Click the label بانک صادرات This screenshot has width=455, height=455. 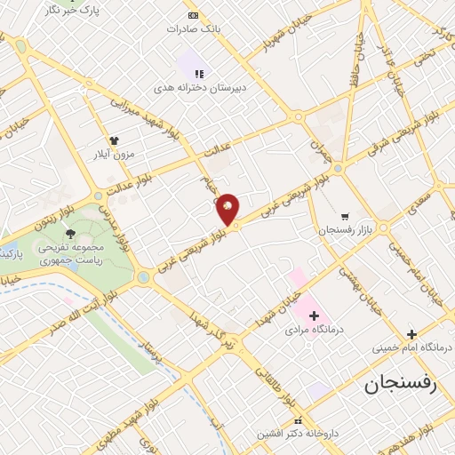pos(194,28)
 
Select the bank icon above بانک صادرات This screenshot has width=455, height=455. pos(194,16)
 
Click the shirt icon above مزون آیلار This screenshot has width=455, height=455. pos(114,140)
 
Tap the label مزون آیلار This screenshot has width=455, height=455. pos(114,155)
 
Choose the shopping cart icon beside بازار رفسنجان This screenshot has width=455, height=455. pos(344,216)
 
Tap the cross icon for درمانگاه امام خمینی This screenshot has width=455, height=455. pos(411,334)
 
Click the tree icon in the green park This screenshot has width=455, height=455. pos(70,233)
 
